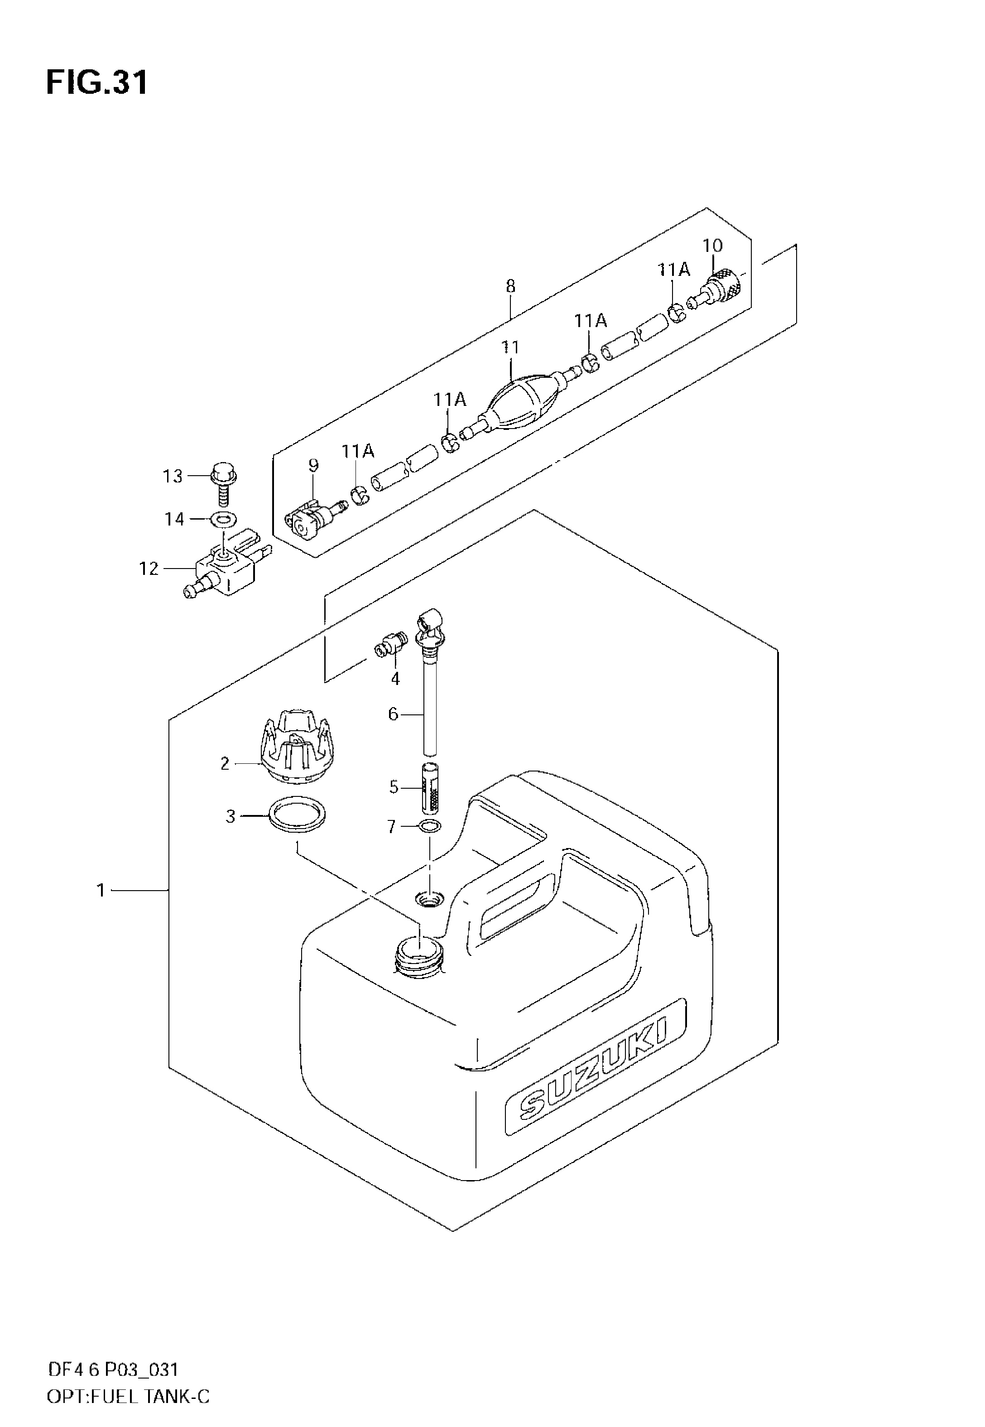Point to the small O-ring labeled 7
[x=429, y=826]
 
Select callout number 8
[x=510, y=286]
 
